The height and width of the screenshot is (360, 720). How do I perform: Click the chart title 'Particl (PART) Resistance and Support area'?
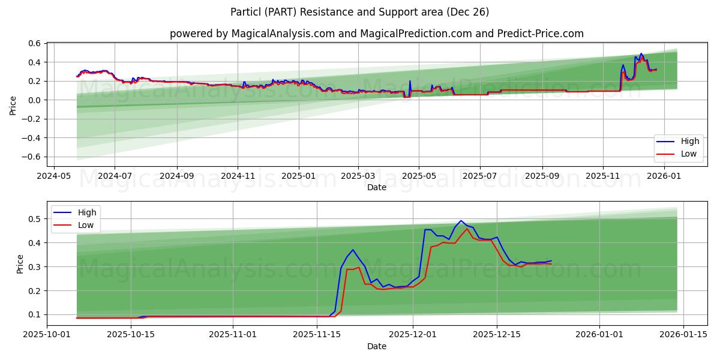(359, 12)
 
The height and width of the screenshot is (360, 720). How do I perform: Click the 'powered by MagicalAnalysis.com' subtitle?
(376, 34)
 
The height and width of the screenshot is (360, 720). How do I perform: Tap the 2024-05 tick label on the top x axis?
(55, 176)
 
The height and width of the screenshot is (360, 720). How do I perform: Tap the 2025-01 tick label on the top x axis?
(298, 176)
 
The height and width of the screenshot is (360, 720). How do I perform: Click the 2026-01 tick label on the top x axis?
(664, 176)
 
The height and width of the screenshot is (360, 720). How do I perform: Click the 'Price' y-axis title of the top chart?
(13, 105)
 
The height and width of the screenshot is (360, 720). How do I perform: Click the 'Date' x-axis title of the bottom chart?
(377, 346)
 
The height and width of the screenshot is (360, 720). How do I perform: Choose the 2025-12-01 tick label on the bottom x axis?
(412, 335)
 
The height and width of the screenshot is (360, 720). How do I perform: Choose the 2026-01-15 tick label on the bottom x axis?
(683, 335)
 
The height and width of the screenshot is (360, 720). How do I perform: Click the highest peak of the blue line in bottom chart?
(461, 220)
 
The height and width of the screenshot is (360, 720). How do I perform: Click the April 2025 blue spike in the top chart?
(410, 81)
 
